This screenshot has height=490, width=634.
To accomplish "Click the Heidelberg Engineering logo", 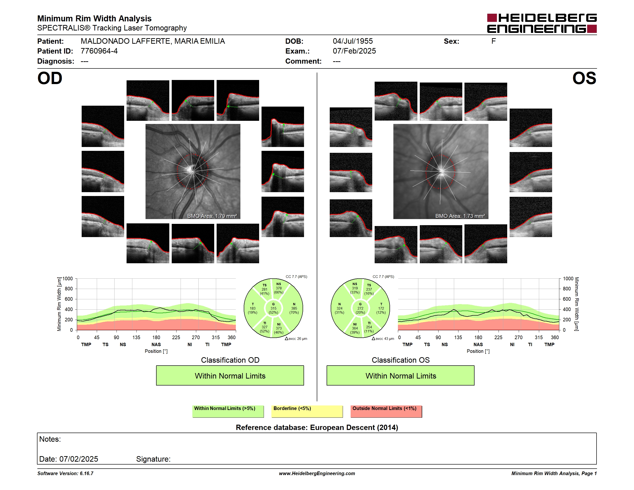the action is [x=542, y=23].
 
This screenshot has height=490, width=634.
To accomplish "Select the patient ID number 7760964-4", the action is [x=99, y=51].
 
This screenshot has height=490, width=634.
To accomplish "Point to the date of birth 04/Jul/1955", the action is [x=353, y=41].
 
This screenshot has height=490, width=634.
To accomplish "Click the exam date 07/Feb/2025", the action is [x=354, y=51].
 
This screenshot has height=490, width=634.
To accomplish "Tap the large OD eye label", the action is [x=50, y=78].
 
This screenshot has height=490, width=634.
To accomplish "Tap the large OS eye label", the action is [x=584, y=78].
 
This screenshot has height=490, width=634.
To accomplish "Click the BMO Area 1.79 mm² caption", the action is [x=212, y=216].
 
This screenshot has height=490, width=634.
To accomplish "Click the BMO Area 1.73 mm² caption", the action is [x=460, y=216].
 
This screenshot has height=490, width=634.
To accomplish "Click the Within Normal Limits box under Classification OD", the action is [x=230, y=375].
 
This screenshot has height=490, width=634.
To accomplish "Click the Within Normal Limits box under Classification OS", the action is [x=401, y=375].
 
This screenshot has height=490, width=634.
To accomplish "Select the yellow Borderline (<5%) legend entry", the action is [x=307, y=411].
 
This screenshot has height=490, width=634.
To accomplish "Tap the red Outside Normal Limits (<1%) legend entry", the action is [x=386, y=411].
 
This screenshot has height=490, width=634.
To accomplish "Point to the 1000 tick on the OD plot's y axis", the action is [x=68, y=279].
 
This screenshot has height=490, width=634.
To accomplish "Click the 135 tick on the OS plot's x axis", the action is [x=458, y=337].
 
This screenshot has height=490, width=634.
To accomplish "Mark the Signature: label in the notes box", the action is [x=153, y=459].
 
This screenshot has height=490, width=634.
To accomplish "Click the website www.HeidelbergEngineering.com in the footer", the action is [x=317, y=473].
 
